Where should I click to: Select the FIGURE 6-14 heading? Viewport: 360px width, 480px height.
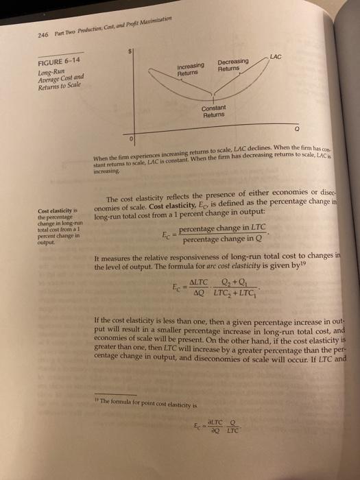pyautogui.click(x=61, y=59)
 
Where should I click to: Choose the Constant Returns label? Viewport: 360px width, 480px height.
pyautogui.click(x=214, y=111)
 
